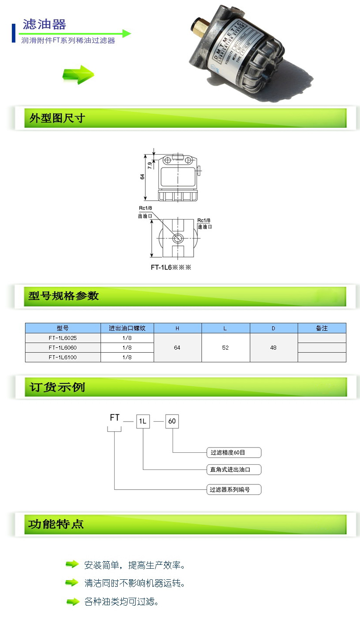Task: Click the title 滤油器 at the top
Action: [45, 24]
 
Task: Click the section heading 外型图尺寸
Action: [57, 118]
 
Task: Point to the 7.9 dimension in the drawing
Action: [150, 166]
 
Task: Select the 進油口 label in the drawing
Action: [204, 227]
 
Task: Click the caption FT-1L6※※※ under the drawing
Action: [172, 267]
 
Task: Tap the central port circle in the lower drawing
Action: [177, 238]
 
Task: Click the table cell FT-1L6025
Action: [63, 338]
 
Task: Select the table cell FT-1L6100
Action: [63, 357]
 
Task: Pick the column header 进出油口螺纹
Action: [127, 328]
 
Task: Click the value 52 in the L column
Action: [226, 347]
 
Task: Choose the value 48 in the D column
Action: [274, 347]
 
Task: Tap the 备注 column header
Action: [322, 328]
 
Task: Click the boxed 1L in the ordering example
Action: [143, 422]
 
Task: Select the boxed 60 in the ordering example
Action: [172, 422]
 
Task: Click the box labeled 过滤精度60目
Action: [234, 452]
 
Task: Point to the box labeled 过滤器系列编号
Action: [234, 489]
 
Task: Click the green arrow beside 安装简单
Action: [72, 564]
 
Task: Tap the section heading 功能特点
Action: [56, 524]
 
